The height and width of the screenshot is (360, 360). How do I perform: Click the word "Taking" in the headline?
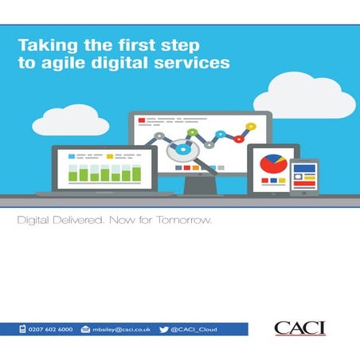41,46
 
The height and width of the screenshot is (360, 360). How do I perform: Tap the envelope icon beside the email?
86,329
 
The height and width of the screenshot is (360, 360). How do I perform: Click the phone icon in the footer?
25,329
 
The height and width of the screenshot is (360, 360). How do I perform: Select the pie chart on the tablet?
271,163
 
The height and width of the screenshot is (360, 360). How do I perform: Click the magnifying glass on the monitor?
185,149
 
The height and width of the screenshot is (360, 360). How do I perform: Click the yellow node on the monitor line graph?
250,126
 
